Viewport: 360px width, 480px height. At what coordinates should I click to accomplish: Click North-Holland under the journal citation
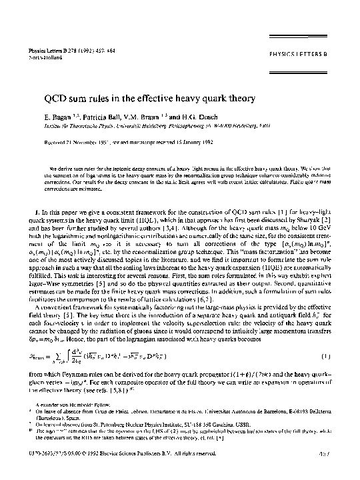(x=39, y=56)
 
